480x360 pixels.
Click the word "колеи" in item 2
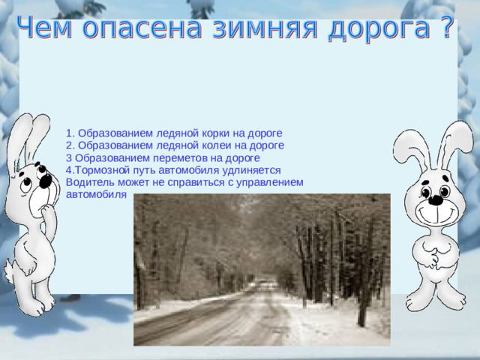(x=214, y=146)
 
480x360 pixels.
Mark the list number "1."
(x=70, y=134)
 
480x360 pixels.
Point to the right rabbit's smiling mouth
(x=433, y=214)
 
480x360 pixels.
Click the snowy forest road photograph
(x=262, y=270)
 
